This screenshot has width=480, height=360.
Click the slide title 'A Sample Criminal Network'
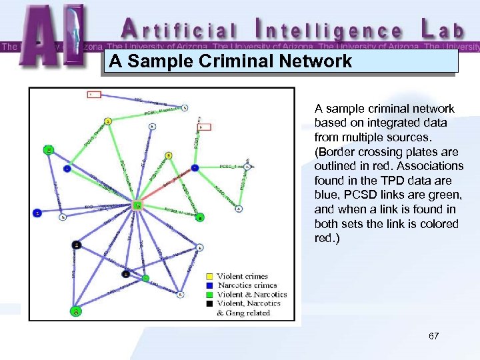tap(231, 62)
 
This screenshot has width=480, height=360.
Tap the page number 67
tap(434, 336)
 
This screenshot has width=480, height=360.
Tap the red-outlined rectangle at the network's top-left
tap(94, 95)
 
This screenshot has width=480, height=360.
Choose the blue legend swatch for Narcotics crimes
tap(209, 285)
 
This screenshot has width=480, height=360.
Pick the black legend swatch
tap(209, 304)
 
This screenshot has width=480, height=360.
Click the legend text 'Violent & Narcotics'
tap(252, 295)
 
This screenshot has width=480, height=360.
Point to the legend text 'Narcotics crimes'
tap(247, 285)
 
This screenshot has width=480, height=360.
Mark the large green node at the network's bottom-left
tap(77, 311)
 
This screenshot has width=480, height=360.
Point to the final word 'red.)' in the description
tap(327, 238)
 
